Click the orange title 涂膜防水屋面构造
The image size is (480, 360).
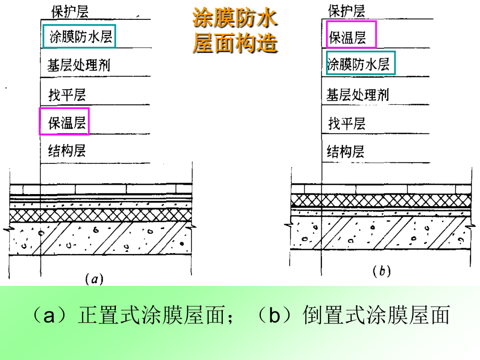(x=235, y=30)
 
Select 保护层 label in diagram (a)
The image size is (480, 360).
(x=70, y=11)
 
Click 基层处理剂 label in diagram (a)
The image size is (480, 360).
(x=79, y=65)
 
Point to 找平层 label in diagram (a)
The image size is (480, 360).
(x=67, y=94)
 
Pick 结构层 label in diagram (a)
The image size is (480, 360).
(x=67, y=151)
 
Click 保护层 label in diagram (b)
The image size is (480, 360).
(x=346, y=11)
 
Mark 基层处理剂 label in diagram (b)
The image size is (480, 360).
(x=357, y=94)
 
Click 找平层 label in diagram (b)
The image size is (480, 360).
(x=347, y=123)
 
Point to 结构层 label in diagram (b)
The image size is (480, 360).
(x=345, y=151)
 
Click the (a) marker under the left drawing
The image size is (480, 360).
(x=94, y=279)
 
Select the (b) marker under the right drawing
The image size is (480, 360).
(x=382, y=271)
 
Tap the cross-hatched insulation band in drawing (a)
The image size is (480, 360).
(x=101, y=215)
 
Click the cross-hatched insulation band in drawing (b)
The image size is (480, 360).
(x=381, y=200)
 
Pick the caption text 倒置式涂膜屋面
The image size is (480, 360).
(x=377, y=315)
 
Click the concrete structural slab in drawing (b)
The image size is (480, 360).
(x=381, y=233)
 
